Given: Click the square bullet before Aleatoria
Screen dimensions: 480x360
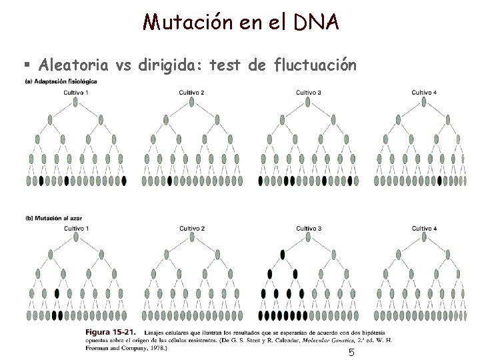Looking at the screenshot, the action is click(27, 65).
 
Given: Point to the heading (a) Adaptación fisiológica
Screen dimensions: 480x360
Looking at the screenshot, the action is click(61, 81).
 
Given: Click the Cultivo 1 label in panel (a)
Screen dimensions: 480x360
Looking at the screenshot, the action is click(76, 92).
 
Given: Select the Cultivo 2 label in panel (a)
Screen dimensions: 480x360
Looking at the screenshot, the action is click(192, 92).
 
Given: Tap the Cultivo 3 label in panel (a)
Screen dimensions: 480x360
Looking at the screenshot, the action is click(309, 92).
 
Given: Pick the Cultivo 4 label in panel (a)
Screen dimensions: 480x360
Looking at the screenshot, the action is click(424, 92).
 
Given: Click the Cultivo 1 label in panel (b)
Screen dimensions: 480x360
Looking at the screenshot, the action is click(76, 229).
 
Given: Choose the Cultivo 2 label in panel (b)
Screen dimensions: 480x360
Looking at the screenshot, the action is click(192, 229).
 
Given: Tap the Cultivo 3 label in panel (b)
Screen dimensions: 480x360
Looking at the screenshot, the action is click(309, 229).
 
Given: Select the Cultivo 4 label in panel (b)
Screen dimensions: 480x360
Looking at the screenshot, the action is click(424, 229).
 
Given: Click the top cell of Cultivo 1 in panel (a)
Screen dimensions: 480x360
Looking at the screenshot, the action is click(76, 103).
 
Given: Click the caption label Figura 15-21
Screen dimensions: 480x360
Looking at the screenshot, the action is click(109, 331).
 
